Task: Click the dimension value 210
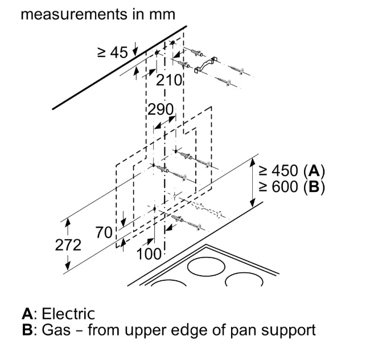pos(168,80)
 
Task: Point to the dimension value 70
pos(104,232)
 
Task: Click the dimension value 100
pos(149,254)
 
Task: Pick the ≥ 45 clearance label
pos(112,52)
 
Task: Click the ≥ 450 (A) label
pos(291,170)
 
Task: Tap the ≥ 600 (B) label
pos(291,186)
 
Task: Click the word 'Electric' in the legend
pos(68,313)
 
